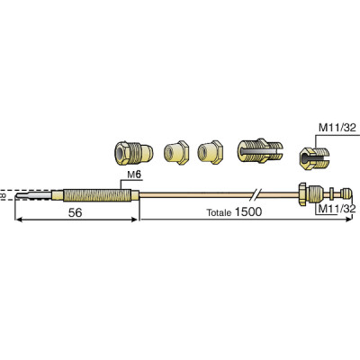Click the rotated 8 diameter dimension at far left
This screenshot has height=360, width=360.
coord(4,193)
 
